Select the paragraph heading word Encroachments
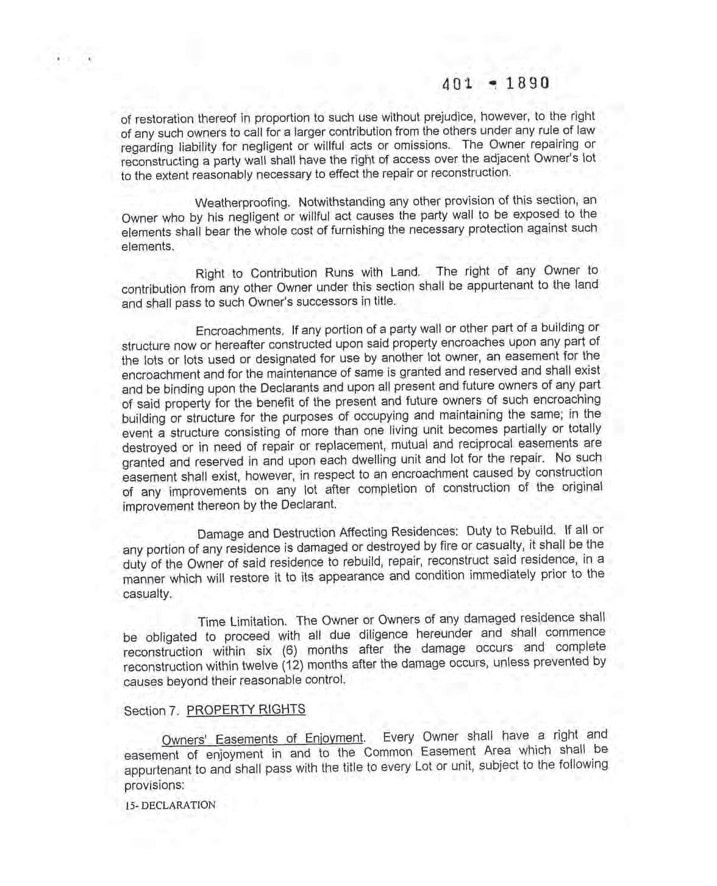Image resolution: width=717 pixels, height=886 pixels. point(239,331)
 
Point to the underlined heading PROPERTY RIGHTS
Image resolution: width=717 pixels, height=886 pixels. point(246,709)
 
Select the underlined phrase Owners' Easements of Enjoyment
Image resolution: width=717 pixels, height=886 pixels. point(263,739)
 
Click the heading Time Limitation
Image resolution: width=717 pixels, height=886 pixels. point(242,622)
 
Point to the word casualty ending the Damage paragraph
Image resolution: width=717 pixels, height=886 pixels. point(148,594)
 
